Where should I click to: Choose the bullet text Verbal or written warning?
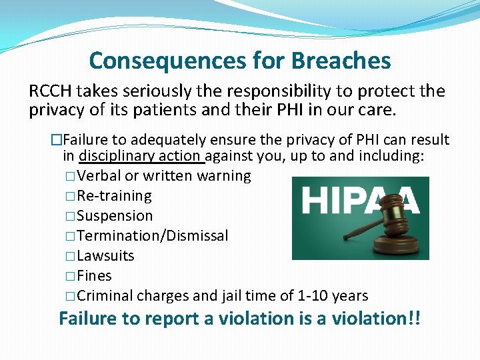(x=164, y=176)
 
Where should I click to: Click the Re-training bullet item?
(x=114, y=196)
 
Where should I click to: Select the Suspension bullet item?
(x=115, y=216)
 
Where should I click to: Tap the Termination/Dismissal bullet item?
(x=153, y=236)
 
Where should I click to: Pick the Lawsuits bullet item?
(x=105, y=256)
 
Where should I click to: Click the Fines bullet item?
(x=94, y=276)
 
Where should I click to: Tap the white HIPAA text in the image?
(x=361, y=199)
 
